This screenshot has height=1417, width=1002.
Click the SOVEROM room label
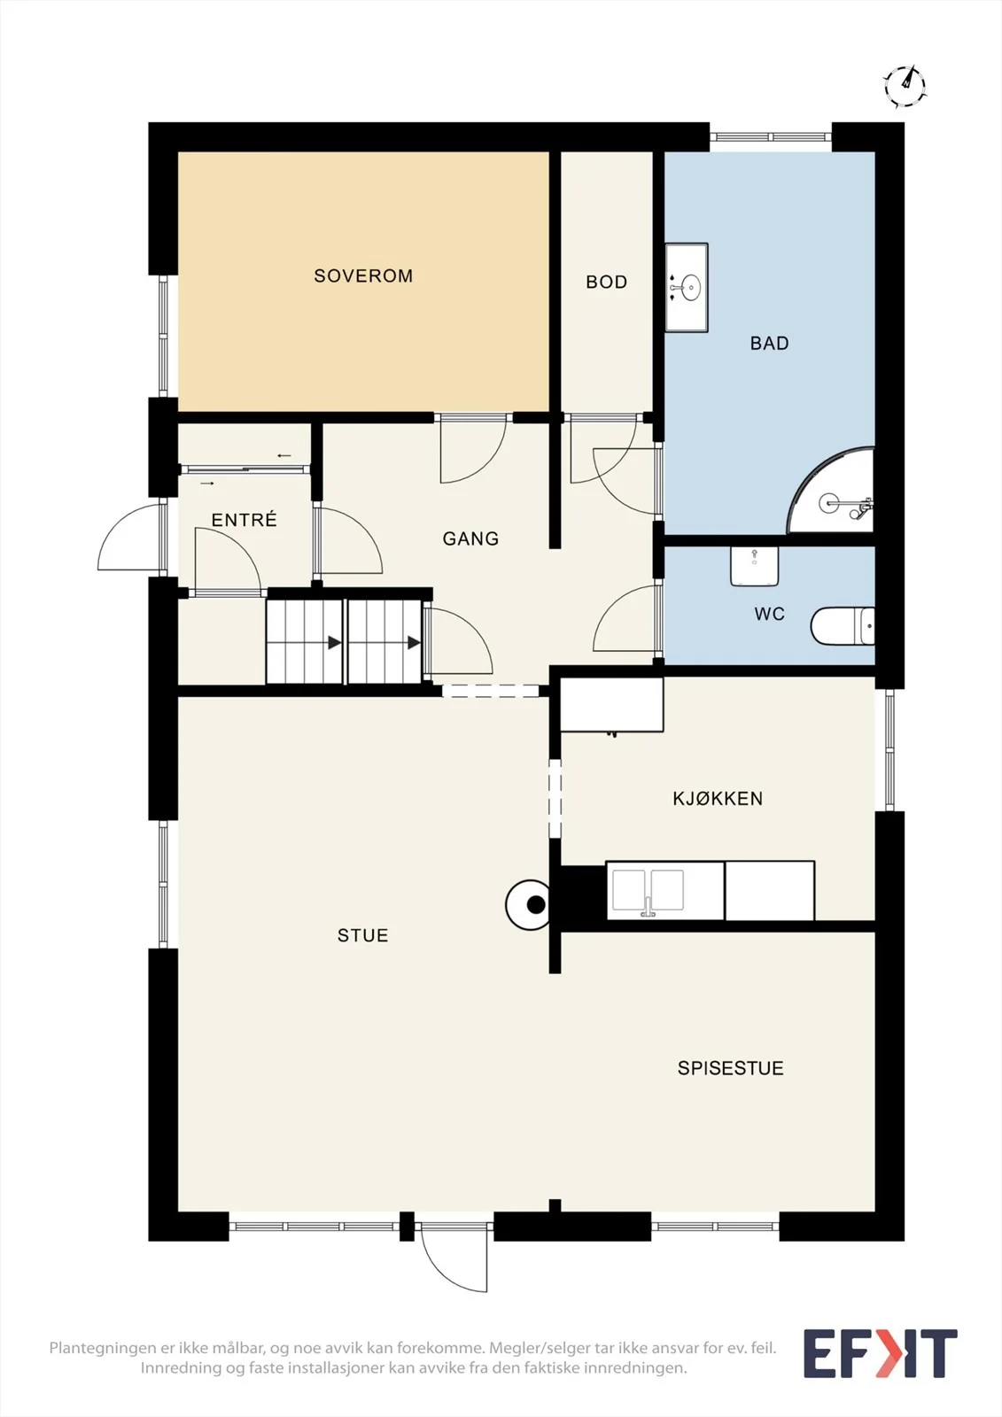click(363, 275)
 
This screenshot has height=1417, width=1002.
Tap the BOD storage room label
click(606, 282)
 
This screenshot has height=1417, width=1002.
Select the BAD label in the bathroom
click(769, 344)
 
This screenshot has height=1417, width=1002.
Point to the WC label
click(769, 614)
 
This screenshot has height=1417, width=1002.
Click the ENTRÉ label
click(244, 519)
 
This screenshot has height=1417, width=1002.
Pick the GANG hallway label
click(470, 538)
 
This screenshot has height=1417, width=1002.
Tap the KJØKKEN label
click(717, 798)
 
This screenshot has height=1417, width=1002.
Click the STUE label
click(362, 935)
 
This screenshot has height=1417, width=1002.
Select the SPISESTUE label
click(730, 1068)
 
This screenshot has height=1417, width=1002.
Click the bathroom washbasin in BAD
click(686, 287)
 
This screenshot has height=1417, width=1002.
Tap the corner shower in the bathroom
click(832, 492)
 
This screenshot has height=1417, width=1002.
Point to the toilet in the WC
click(843, 625)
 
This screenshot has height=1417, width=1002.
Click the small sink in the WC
click(754, 566)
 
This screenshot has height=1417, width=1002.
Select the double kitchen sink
click(648, 890)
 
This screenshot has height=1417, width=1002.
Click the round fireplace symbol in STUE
click(528, 904)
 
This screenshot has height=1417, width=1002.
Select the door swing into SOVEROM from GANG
click(472, 452)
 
